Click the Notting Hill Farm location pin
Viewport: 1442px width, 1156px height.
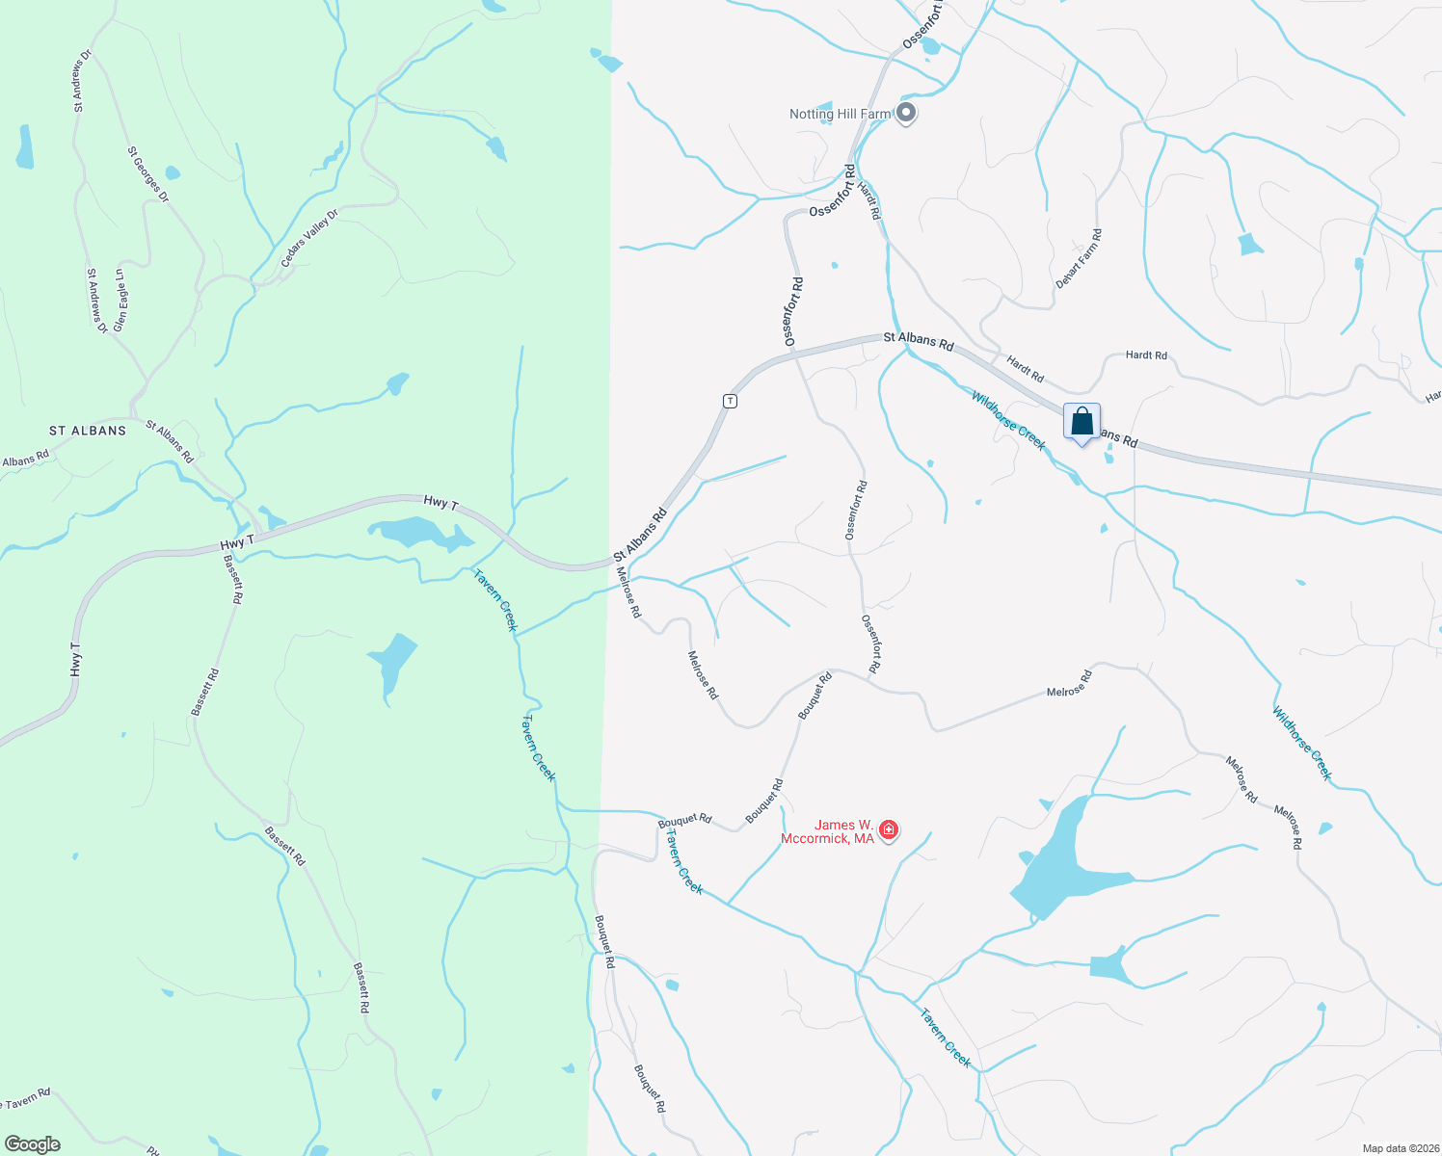(906, 113)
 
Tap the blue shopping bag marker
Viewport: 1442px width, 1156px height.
(1081, 422)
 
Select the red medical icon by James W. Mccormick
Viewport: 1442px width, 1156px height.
(889, 829)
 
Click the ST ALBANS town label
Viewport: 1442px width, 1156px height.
(88, 431)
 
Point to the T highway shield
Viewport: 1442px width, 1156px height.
(731, 401)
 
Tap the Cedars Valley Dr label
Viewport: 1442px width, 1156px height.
(309, 239)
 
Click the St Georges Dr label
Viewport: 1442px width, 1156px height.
(147, 174)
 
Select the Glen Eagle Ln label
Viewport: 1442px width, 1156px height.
(120, 300)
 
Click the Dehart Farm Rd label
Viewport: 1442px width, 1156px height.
(1079, 258)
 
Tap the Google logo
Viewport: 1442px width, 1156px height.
(33, 1144)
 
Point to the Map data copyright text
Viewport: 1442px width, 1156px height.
(1400, 1148)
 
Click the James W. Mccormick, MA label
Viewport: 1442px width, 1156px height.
(844, 831)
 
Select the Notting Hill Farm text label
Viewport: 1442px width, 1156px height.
(840, 114)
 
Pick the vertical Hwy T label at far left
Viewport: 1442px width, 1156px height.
(75, 658)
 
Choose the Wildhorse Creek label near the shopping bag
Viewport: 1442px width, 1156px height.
(1008, 420)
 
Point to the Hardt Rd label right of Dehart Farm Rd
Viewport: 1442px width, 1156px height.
(1146, 355)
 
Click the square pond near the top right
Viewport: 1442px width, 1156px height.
(1250, 244)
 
